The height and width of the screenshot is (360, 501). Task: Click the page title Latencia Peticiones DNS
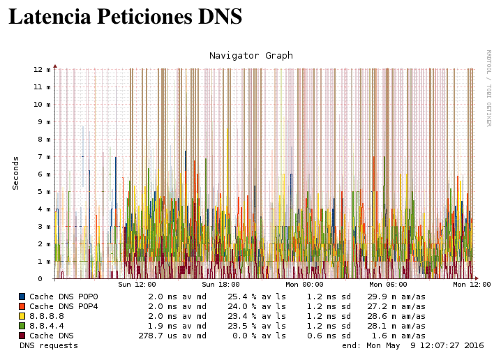tap(126, 17)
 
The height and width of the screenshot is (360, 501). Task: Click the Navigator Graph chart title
tap(251, 56)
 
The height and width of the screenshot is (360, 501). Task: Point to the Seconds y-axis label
tap(15, 173)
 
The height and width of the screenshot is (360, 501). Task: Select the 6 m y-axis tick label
tap(44, 174)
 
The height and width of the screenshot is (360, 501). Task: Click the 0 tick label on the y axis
tap(49, 279)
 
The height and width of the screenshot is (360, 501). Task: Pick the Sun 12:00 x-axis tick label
tap(137, 285)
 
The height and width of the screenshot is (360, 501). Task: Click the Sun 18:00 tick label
tap(220, 285)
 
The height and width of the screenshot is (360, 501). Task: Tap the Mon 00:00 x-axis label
tap(304, 285)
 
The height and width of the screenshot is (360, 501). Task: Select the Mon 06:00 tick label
tap(388, 285)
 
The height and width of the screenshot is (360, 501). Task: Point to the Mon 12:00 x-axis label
tap(472, 285)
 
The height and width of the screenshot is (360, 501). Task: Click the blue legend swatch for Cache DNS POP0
tap(22, 297)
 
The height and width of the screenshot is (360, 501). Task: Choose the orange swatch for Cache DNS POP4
tap(22, 306)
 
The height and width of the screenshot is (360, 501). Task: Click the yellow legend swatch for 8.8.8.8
tap(22, 316)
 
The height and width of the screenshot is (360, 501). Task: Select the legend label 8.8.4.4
tap(46, 326)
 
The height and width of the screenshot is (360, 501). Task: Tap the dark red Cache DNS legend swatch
tap(22, 336)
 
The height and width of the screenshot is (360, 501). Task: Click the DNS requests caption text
tap(49, 345)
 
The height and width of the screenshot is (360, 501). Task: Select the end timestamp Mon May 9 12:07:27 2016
tap(426, 345)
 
